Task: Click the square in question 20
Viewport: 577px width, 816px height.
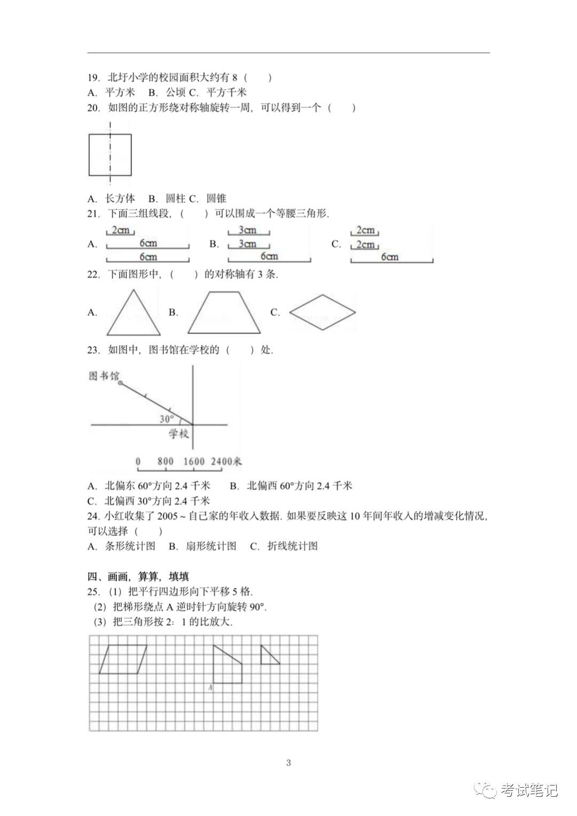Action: [x=110, y=155]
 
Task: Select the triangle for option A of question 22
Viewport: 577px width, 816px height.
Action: [x=134, y=315]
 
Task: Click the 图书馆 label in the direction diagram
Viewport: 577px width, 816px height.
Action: [x=104, y=376]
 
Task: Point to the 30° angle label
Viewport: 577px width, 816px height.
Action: [x=167, y=419]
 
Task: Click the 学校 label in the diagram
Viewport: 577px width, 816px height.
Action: [x=179, y=433]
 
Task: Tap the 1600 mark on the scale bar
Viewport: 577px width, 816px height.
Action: [x=193, y=461]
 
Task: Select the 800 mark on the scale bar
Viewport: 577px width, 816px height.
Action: [x=166, y=461]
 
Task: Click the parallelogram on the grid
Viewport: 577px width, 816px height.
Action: [x=123, y=659]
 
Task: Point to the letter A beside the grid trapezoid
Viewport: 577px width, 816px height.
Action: [x=210, y=687]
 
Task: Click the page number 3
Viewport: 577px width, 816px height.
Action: [x=288, y=763]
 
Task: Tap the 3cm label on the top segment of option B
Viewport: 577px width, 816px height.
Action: [x=247, y=230]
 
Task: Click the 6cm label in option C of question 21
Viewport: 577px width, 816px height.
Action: [x=389, y=257]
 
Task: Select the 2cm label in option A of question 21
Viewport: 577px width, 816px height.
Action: [x=121, y=230]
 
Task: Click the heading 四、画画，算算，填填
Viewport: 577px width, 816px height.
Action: [x=138, y=577]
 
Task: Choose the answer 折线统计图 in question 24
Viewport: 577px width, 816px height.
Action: [x=292, y=546]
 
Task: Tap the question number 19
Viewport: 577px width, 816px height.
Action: [x=93, y=77]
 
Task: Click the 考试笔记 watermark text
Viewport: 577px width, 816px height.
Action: [x=529, y=790]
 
